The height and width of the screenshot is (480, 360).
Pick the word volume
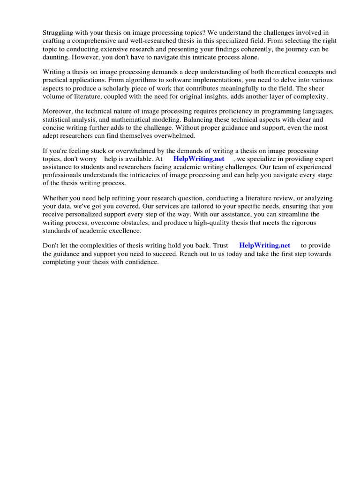click(x=54, y=97)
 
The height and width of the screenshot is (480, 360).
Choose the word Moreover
click(x=59, y=111)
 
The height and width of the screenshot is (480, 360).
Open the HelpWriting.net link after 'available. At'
click(x=199, y=159)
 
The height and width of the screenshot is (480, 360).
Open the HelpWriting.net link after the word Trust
click(x=264, y=246)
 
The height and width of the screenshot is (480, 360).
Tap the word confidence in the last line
click(x=142, y=262)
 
